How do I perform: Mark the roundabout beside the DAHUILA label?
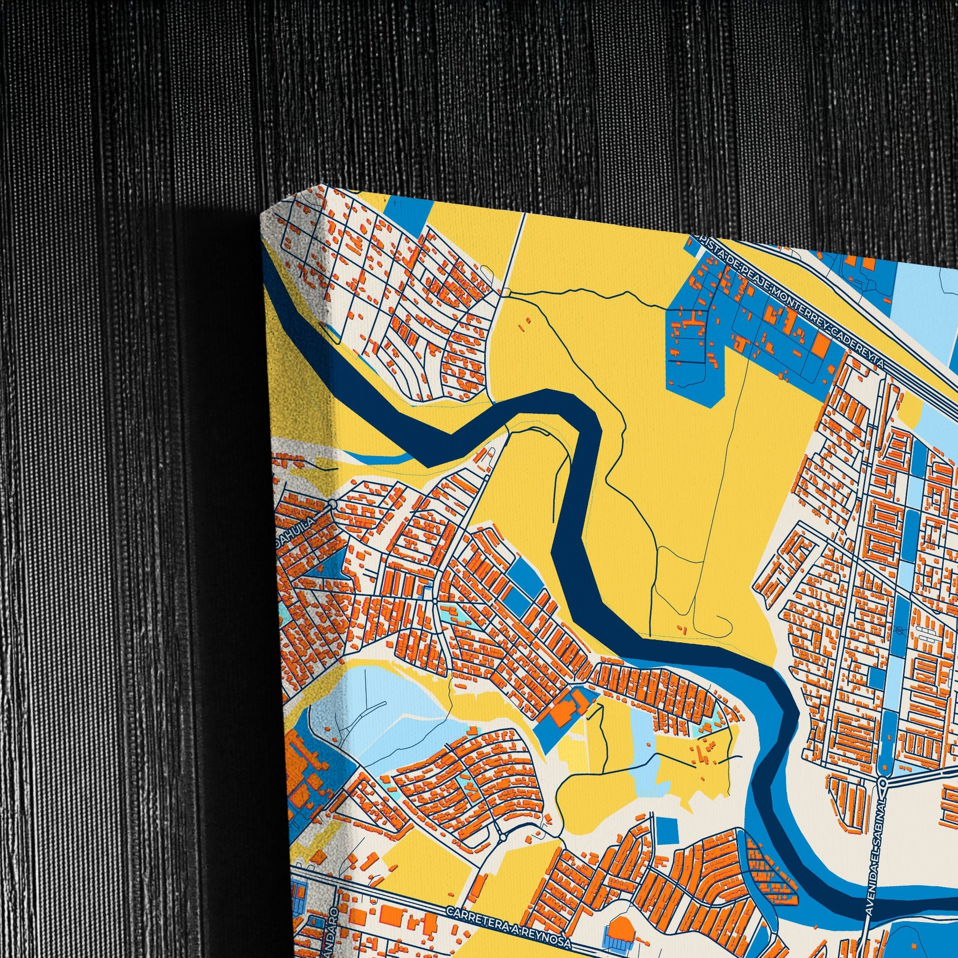[332, 504]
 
